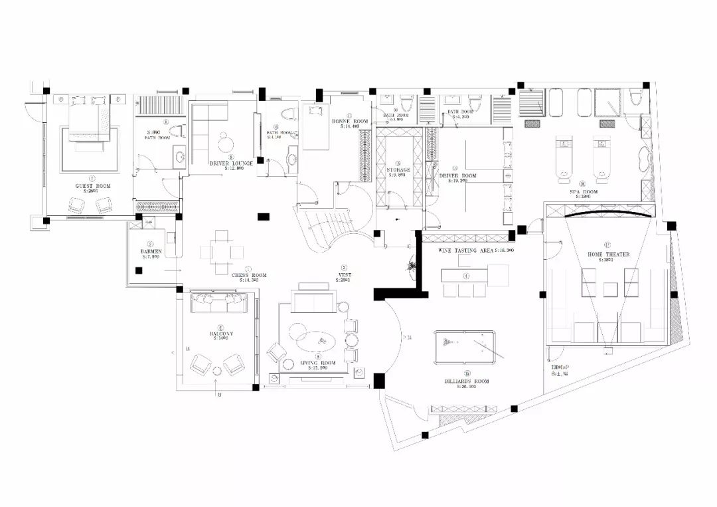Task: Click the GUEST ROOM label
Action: pyautogui.click(x=94, y=186)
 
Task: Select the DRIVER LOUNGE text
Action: pyautogui.click(x=230, y=163)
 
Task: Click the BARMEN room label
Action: pyautogui.click(x=151, y=252)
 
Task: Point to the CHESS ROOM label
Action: pyautogui.click(x=249, y=275)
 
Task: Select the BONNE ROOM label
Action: pyautogui.click(x=350, y=121)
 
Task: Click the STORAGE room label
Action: pyautogui.click(x=398, y=170)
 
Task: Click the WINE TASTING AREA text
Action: pyautogui.click(x=466, y=251)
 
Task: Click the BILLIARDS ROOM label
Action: pyautogui.click(x=466, y=381)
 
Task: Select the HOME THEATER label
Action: pyautogui.click(x=608, y=254)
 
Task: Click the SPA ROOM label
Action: pyautogui.click(x=584, y=192)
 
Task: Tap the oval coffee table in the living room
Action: pyautogui.click(x=315, y=341)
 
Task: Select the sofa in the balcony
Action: pyautogui.click(x=218, y=304)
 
